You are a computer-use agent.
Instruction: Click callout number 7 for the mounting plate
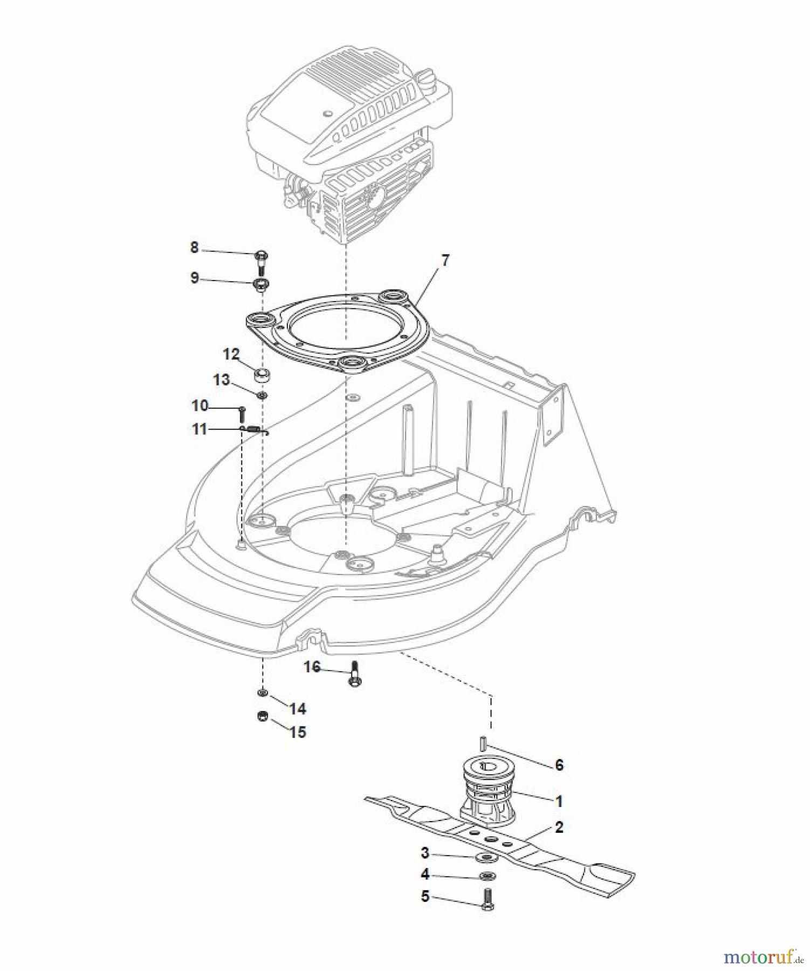tap(444, 260)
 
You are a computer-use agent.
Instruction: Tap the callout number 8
tap(194, 248)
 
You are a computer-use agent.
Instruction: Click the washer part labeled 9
tap(262, 284)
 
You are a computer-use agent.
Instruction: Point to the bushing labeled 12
tap(262, 374)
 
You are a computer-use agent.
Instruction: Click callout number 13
tap(221, 380)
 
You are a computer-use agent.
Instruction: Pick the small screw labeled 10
tap(242, 415)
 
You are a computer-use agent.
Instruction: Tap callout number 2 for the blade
tap(559, 827)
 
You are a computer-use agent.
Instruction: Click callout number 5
tap(425, 897)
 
